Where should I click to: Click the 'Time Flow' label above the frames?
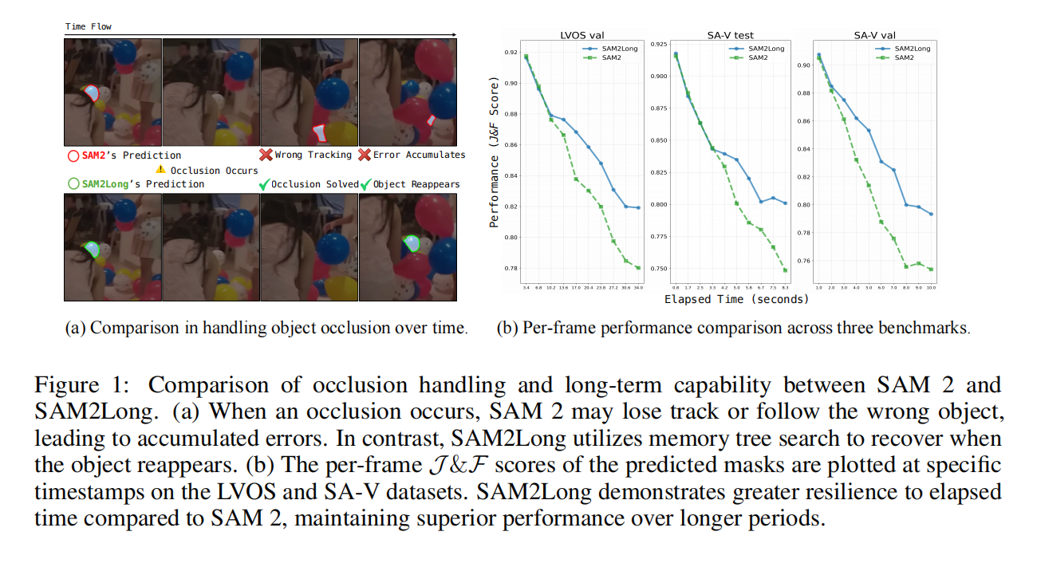click(89, 26)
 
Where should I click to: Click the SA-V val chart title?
click(873, 35)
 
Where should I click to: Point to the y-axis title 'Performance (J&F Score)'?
click(495, 152)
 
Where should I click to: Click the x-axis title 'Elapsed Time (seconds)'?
click(736, 299)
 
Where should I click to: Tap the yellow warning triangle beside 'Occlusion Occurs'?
click(160, 169)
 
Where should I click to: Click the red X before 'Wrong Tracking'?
click(266, 155)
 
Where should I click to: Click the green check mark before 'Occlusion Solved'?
click(265, 184)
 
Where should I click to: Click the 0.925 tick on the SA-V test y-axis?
click(659, 44)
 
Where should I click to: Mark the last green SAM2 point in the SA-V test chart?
click(786, 270)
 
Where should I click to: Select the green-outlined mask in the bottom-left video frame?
click(93, 250)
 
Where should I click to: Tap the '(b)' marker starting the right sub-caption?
click(507, 329)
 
